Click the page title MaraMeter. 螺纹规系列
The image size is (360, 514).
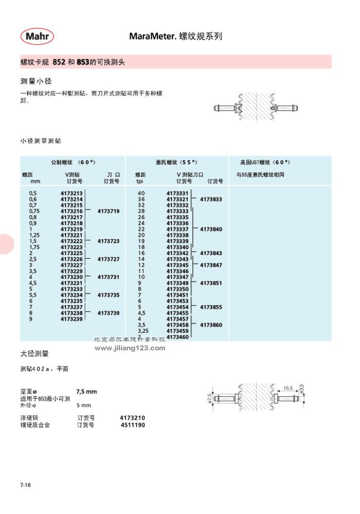(175, 37)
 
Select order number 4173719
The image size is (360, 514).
(108, 211)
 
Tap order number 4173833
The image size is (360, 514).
(211, 199)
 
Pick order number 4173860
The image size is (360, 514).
(211, 325)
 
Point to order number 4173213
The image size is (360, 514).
(71, 193)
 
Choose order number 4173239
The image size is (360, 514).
(71, 319)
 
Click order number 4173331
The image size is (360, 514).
(177, 193)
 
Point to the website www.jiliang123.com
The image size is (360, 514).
(130, 348)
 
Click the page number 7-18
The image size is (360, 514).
(26, 485)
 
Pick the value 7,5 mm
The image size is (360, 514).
(86, 392)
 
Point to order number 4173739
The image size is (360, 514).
(108, 313)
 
